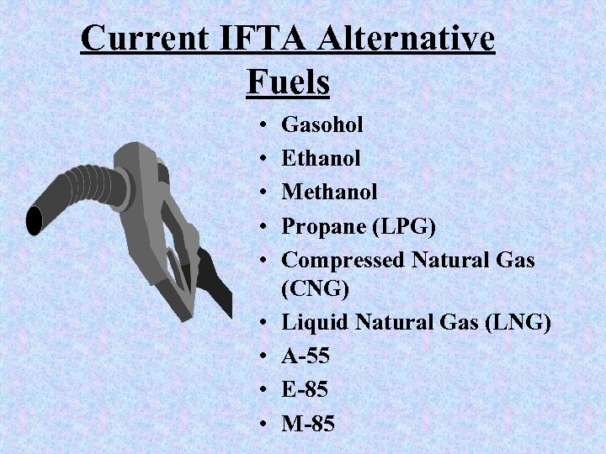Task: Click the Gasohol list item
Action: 322,125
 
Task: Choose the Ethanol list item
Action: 321,158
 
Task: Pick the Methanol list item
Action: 329,192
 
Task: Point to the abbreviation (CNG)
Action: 315,289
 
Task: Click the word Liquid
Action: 313,323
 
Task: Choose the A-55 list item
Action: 306,356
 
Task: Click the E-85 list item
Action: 305,390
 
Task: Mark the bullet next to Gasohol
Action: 263,126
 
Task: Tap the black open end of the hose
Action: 35,220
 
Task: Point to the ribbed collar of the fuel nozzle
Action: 93,181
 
